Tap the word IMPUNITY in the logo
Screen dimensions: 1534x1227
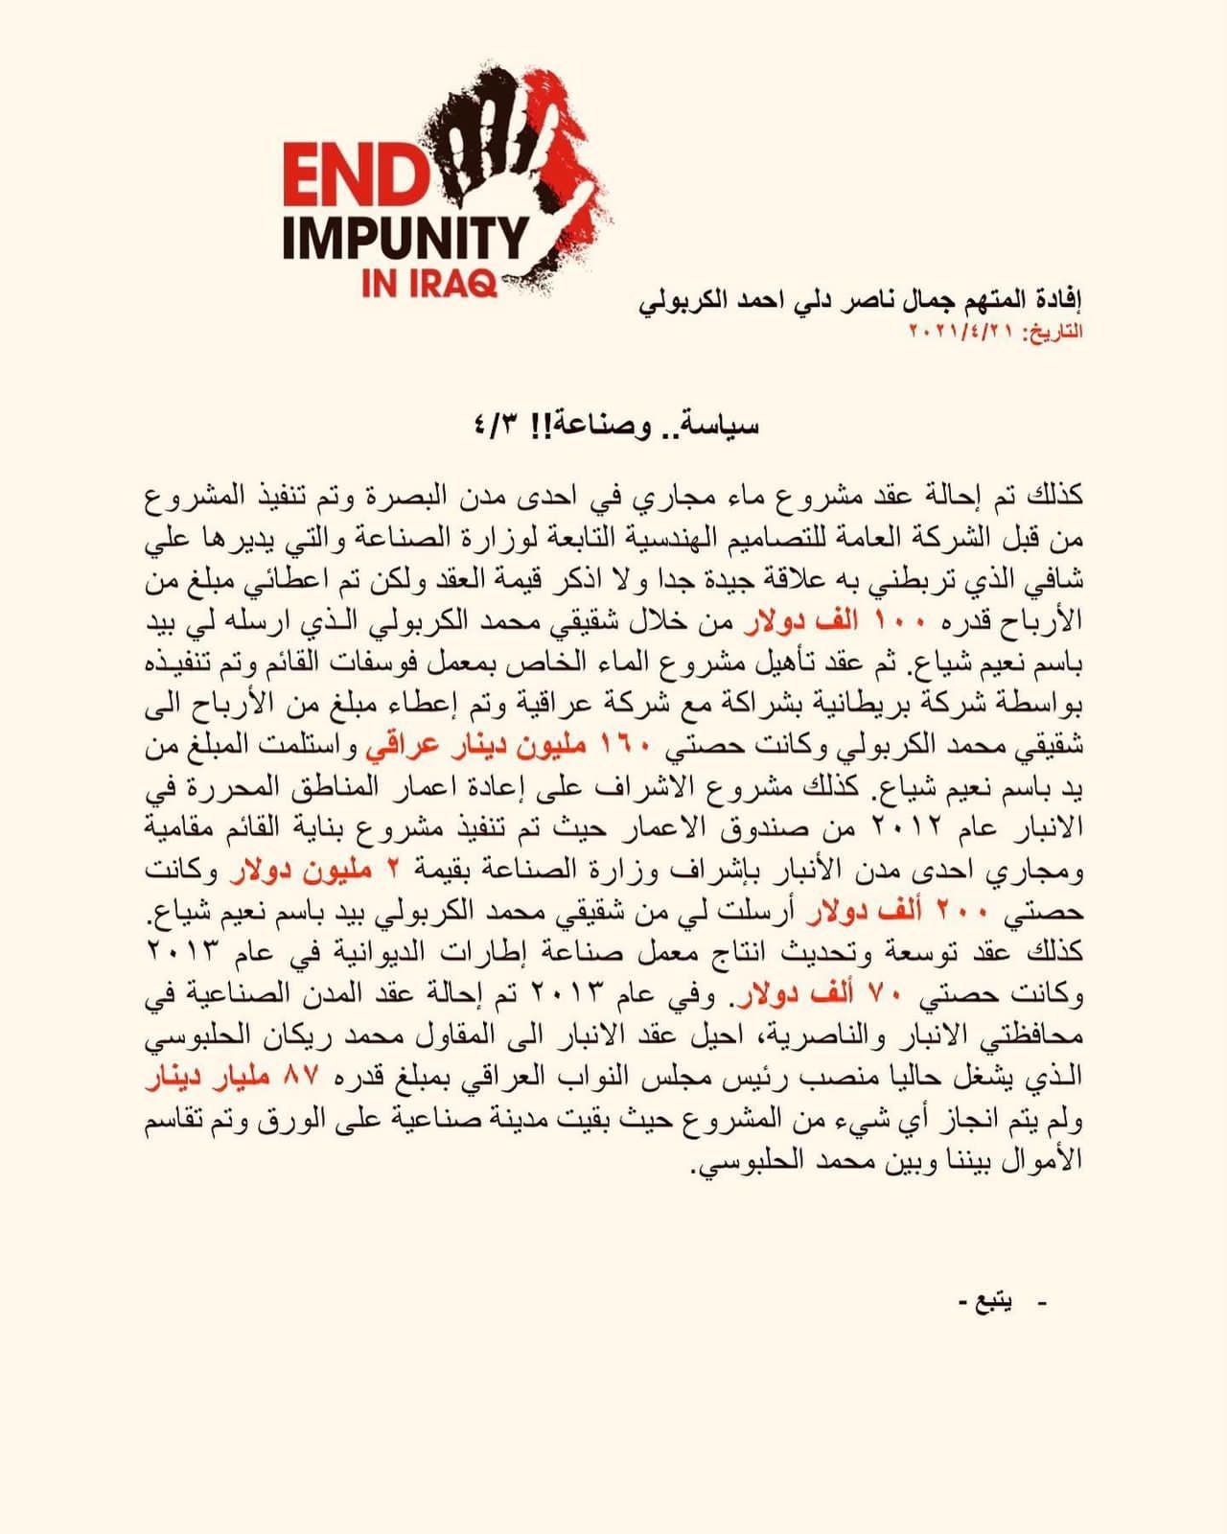405,240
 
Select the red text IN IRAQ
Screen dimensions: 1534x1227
428,285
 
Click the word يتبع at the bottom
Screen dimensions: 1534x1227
993,1303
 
